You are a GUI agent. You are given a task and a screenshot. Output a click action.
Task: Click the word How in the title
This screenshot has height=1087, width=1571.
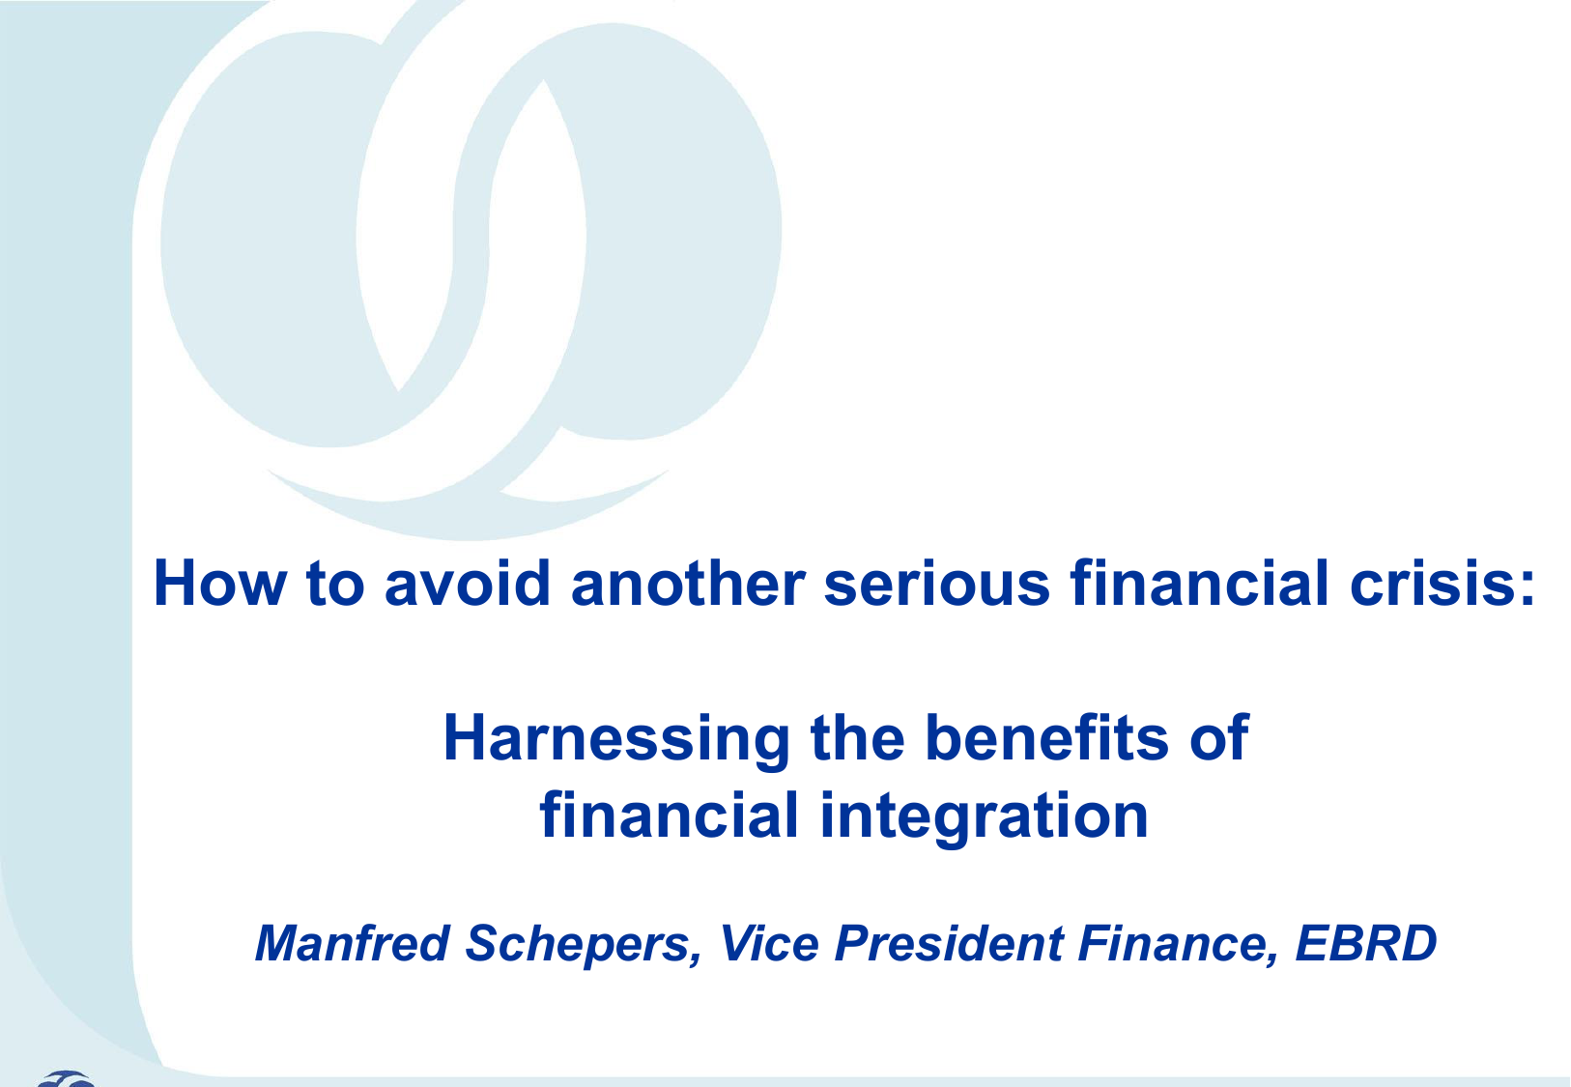(220, 583)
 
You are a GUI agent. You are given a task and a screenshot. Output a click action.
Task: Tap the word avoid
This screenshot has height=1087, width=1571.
(467, 583)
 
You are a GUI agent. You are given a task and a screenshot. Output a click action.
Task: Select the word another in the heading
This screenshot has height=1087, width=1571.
(688, 583)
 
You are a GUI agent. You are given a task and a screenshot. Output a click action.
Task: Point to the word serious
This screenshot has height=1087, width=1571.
(937, 583)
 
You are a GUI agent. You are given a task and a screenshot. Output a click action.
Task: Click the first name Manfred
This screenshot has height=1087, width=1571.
(352, 942)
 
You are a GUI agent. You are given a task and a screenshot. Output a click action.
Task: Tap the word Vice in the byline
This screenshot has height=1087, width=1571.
(769, 942)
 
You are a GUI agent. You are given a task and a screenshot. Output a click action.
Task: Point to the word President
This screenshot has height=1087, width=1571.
(950, 942)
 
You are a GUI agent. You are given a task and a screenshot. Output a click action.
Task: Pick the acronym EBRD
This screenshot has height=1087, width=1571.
(1366, 942)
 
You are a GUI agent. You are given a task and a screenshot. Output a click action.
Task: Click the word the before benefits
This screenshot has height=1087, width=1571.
(858, 737)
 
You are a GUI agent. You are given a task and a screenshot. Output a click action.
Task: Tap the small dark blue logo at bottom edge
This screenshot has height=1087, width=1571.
(66, 1078)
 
